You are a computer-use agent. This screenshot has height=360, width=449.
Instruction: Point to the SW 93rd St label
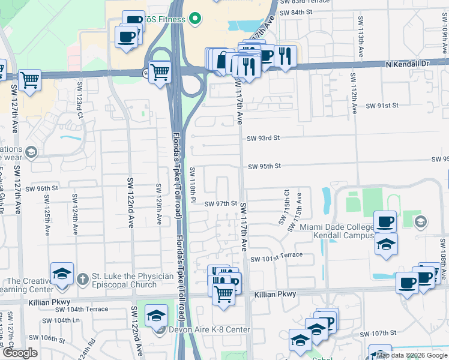[x=264, y=138]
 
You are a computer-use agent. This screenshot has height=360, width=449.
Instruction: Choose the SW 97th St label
[x=220, y=204]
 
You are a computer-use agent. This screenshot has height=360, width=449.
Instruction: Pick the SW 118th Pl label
[x=193, y=183]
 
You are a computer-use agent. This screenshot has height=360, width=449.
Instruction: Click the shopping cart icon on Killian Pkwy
[x=223, y=295]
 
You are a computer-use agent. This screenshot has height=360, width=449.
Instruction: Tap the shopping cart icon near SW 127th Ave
[x=29, y=79]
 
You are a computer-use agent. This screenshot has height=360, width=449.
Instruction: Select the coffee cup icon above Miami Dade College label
[x=385, y=221]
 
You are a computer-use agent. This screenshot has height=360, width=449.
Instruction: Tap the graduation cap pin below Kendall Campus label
[x=387, y=245]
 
